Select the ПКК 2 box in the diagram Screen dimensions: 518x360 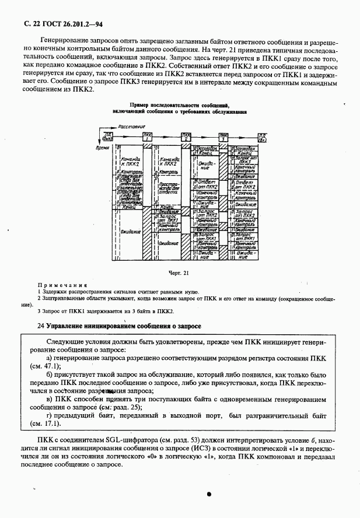(x=186, y=138)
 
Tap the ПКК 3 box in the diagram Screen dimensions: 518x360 (x=223, y=138)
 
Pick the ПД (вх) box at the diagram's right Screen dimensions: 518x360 (x=263, y=138)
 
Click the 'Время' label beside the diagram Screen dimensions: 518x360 (x=103, y=149)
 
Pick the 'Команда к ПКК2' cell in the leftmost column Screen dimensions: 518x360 (x=131, y=161)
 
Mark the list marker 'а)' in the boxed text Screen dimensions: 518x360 (x=50, y=357)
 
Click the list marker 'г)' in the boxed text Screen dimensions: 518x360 (x=50, y=414)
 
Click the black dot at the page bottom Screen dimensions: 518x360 (x=208, y=494)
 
